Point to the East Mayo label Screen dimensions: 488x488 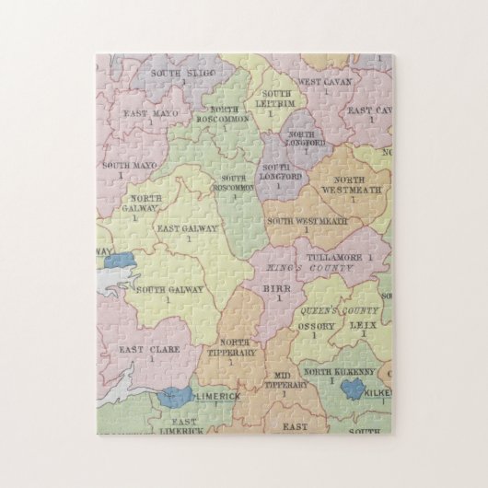tap(151, 113)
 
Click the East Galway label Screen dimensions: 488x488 tap(188, 229)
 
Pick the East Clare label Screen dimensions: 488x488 tap(148, 349)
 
